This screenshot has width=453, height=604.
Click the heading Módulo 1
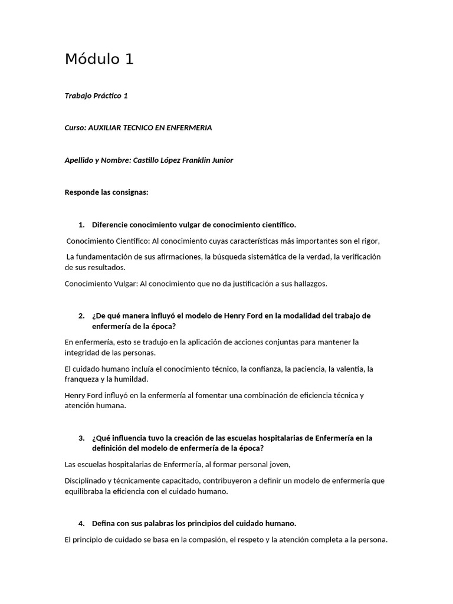tap(99, 59)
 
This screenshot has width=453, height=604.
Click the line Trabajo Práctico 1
tap(96, 96)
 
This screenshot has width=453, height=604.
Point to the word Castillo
tap(146, 160)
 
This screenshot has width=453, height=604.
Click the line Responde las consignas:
tap(106, 192)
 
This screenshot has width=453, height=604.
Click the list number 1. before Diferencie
tap(81, 225)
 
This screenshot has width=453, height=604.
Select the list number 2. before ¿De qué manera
tap(81, 316)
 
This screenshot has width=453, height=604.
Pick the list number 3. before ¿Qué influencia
tap(81, 438)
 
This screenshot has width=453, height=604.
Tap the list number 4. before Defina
tap(81, 523)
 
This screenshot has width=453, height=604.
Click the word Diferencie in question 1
tap(110, 225)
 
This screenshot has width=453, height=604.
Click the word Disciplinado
tap(87, 481)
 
